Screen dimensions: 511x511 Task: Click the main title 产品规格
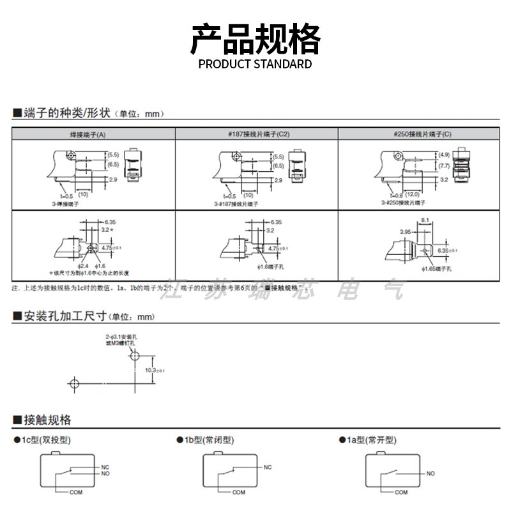point(256,40)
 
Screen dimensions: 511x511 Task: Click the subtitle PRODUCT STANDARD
point(256,64)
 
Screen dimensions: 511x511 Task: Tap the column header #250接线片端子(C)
point(422,134)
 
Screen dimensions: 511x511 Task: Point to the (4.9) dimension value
point(443,155)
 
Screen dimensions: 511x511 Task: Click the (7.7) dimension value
point(443,165)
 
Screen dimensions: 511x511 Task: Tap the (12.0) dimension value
point(411,194)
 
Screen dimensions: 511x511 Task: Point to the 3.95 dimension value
point(404,232)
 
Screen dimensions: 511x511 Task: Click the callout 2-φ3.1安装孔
point(121,337)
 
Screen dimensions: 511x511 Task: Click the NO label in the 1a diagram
point(431,473)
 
